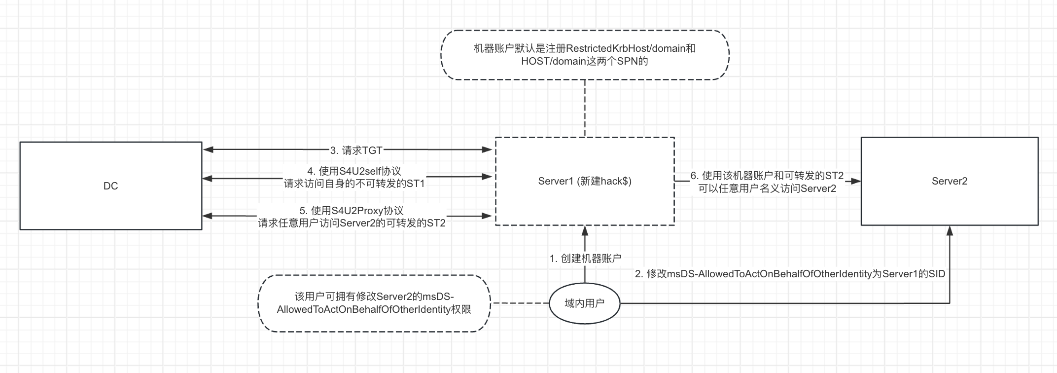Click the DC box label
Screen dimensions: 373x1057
(x=110, y=186)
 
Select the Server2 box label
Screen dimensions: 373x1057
(x=949, y=181)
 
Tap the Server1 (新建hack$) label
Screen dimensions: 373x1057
(x=585, y=181)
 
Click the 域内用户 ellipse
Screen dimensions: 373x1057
(x=584, y=303)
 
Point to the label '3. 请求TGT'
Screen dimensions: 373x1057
(x=356, y=150)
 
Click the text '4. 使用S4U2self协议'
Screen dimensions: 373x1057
(x=354, y=171)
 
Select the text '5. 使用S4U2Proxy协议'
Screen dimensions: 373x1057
(x=351, y=211)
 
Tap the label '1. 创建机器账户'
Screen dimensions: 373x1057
(x=585, y=258)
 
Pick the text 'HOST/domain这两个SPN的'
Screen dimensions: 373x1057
(x=584, y=61)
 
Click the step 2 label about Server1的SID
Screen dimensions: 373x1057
(x=789, y=274)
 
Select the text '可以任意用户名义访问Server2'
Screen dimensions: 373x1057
(x=767, y=188)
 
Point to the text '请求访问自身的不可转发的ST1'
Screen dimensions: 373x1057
(x=354, y=184)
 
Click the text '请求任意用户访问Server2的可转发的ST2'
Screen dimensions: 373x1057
(x=351, y=223)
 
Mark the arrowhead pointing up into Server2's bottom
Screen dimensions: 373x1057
(x=950, y=230)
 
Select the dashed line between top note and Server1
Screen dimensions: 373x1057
(x=585, y=109)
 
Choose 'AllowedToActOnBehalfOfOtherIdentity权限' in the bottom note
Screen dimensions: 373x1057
(x=374, y=309)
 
